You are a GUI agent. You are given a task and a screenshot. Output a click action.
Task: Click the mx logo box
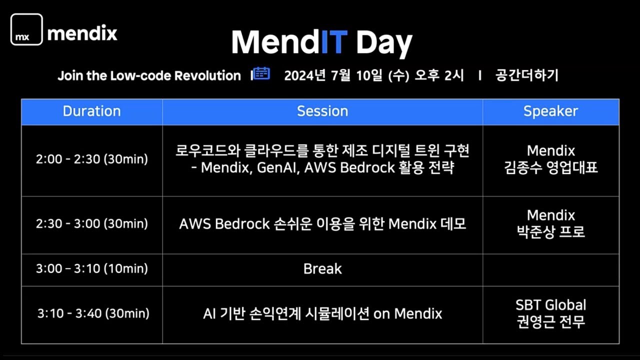coord(26,30)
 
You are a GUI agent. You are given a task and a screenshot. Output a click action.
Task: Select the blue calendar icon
coord(261,73)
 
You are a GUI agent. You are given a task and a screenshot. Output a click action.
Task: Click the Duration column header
coord(92,111)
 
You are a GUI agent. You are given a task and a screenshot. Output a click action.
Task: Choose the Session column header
coord(322,111)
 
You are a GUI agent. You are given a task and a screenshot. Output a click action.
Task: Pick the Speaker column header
coord(550,111)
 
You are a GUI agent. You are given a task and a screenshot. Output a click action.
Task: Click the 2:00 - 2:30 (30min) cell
coord(92,159)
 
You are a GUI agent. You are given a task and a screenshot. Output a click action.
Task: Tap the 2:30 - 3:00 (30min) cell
coord(92,223)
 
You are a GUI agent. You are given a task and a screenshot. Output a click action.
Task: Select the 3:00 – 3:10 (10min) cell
coord(92,268)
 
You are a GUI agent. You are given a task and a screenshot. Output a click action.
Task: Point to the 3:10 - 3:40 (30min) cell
coord(93,313)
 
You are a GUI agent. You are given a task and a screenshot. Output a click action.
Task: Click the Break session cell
coord(322,269)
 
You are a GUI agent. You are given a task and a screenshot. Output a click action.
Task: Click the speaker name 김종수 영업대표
coord(551,167)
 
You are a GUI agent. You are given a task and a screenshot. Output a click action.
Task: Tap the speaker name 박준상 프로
coord(551,232)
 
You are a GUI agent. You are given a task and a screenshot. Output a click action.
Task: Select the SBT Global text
coord(551,305)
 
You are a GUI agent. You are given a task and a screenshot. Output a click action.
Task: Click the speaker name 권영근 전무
coord(551,321)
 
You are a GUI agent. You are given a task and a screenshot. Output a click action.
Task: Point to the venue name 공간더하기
coord(526,75)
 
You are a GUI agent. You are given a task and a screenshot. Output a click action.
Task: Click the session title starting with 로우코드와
coord(322,150)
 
